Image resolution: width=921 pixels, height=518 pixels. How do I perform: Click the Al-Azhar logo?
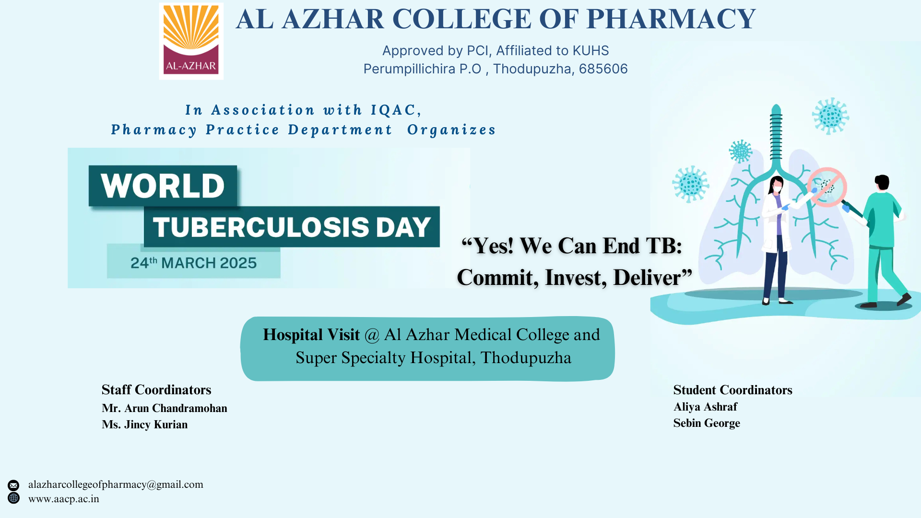(191, 41)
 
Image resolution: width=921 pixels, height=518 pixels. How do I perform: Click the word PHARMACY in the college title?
(671, 19)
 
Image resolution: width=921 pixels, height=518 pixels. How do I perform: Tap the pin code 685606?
(603, 69)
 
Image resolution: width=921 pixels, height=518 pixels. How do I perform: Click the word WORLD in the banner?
(163, 186)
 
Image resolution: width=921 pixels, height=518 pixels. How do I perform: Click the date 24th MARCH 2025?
(194, 263)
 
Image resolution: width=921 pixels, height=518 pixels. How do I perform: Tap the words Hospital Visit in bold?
(311, 335)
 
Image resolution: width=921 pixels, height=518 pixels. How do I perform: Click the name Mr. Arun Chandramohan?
(165, 408)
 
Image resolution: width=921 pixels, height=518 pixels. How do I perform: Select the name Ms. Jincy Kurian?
(144, 424)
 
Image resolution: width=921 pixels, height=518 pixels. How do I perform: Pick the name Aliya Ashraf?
(705, 407)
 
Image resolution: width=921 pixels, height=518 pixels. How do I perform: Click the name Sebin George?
(707, 423)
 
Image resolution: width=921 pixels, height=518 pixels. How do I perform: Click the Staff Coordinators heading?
(156, 389)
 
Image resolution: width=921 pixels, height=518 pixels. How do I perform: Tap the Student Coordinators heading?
(732, 390)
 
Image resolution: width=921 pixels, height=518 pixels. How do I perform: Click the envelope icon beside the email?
(13, 485)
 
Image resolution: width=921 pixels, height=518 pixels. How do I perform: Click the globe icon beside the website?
(13, 498)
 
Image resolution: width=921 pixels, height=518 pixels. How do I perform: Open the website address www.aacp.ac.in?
(64, 499)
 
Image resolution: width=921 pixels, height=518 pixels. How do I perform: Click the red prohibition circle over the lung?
(827, 187)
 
